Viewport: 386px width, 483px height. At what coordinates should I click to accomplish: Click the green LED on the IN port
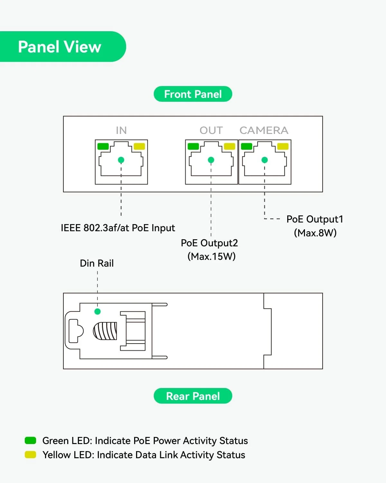pyautogui.click(x=103, y=146)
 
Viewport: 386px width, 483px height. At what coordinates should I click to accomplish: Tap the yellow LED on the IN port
pyautogui.click(x=139, y=146)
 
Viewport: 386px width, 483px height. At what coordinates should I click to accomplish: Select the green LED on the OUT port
pyautogui.click(x=193, y=146)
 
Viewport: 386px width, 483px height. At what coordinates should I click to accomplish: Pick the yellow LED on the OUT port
pyautogui.click(x=229, y=146)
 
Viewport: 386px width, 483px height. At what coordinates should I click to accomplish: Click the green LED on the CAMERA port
pyautogui.click(x=246, y=146)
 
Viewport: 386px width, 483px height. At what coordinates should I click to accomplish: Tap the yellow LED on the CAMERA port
pyautogui.click(x=283, y=146)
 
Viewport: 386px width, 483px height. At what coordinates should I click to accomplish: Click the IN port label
pyautogui.click(x=121, y=130)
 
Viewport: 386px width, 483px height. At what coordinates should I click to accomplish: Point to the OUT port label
pyautogui.click(x=211, y=130)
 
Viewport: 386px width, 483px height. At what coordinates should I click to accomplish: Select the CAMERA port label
pyautogui.click(x=264, y=130)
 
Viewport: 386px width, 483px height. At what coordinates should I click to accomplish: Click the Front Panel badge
pyautogui.click(x=193, y=94)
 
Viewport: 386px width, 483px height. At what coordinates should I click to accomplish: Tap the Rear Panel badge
pyautogui.click(x=193, y=396)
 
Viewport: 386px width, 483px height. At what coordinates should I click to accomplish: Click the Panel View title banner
pyautogui.click(x=60, y=47)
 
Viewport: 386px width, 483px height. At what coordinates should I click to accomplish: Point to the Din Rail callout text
pyautogui.click(x=97, y=263)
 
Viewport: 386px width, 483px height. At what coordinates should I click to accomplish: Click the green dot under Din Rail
pyautogui.click(x=97, y=311)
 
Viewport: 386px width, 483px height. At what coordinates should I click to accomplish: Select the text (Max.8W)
pyautogui.click(x=315, y=233)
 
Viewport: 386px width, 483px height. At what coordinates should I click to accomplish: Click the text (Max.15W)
pyautogui.click(x=212, y=256)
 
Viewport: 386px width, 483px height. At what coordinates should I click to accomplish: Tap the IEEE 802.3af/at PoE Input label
pyautogui.click(x=118, y=228)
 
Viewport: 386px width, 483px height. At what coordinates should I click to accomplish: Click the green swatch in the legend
pyautogui.click(x=30, y=440)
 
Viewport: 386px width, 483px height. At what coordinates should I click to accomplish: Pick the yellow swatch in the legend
pyautogui.click(x=30, y=455)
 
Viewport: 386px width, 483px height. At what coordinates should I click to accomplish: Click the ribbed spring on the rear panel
pyautogui.click(x=105, y=331)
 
